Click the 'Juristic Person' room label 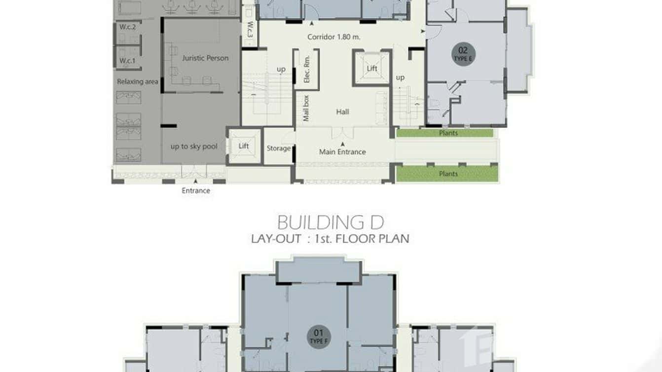click(205, 58)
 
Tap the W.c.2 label click(127, 27)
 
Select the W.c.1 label click(127, 61)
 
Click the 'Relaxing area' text click(137, 81)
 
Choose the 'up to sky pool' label click(194, 147)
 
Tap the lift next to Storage click(244, 146)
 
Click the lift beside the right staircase click(372, 69)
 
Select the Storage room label click(278, 148)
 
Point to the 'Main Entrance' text click(342, 152)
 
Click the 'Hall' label click(342, 112)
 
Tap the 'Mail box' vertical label click(306, 108)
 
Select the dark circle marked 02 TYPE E click(463, 53)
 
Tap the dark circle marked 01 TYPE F click(319, 336)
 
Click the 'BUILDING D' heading click(330, 223)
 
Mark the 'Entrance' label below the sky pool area click(196, 190)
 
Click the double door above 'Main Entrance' click(342, 133)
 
